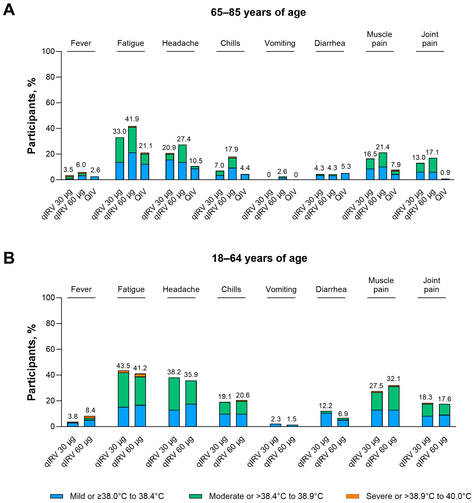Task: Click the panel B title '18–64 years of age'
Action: (259, 258)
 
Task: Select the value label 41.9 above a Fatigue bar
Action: (132, 119)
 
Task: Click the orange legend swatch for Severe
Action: (352, 496)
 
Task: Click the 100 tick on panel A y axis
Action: (48, 51)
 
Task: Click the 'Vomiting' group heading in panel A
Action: (280, 43)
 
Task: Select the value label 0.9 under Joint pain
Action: (445, 173)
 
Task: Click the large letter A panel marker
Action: (9, 10)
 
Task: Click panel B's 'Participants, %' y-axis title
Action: (32, 362)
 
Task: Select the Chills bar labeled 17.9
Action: (232, 168)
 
